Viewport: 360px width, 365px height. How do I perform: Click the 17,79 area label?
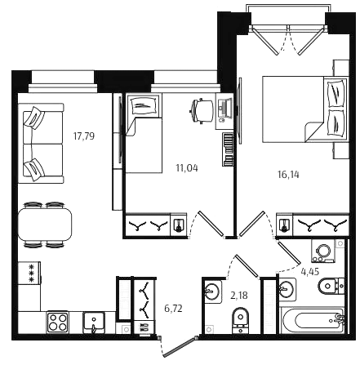click(x=84, y=136)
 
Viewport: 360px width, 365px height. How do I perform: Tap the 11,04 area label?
click(x=187, y=168)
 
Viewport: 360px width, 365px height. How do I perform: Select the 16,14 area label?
click(x=288, y=175)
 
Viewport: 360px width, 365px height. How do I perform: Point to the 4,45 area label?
click(x=310, y=272)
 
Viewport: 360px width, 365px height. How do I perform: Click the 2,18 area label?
click(x=239, y=296)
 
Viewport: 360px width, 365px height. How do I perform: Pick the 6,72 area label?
click(x=173, y=309)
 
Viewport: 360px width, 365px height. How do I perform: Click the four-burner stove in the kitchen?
click(x=57, y=322)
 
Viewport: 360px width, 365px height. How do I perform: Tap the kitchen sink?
click(x=94, y=323)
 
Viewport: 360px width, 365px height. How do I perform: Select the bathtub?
click(x=313, y=321)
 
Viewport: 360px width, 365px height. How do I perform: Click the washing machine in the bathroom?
click(x=323, y=251)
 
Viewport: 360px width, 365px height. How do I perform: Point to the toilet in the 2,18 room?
click(x=241, y=320)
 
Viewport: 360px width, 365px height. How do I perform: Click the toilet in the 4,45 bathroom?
click(x=331, y=286)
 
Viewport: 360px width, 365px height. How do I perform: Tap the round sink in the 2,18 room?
click(x=211, y=291)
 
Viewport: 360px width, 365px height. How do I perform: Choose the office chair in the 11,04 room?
click(x=202, y=111)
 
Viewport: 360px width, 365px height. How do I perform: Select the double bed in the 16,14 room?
click(x=305, y=109)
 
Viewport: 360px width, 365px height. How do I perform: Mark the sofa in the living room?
click(x=41, y=143)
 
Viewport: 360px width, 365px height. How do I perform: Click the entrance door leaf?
click(x=180, y=346)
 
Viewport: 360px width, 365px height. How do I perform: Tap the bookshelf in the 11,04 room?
click(x=228, y=149)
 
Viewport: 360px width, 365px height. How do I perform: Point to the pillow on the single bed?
click(x=143, y=105)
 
